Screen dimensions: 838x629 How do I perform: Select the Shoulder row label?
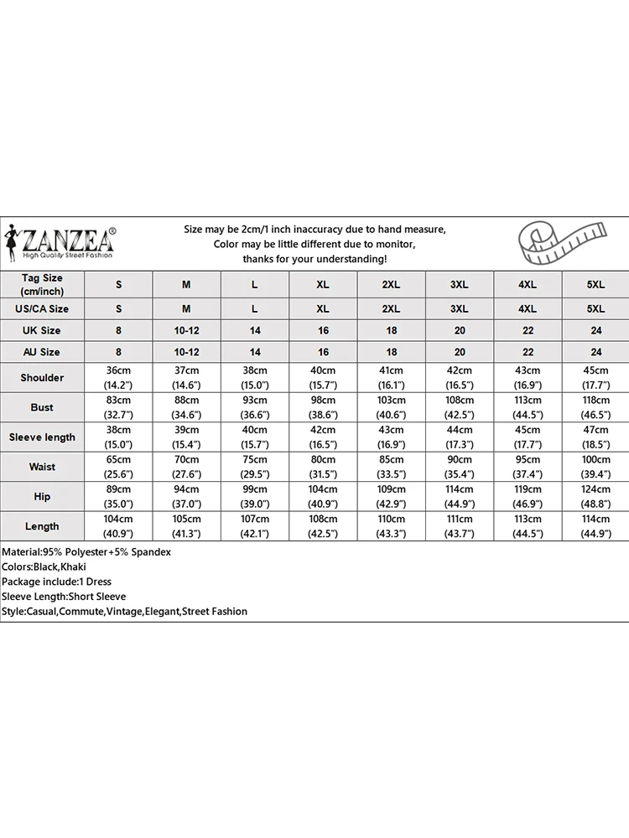[x=42, y=378]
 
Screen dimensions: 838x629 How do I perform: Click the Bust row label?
[x=42, y=407]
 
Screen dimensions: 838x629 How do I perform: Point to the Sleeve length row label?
[x=42, y=437]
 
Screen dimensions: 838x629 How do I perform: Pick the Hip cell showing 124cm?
[x=595, y=497]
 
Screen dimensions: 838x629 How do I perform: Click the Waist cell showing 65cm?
[x=118, y=467]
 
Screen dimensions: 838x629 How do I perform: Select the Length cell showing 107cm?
[x=255, y=526]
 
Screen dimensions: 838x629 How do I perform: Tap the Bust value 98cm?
[x=323, y=407]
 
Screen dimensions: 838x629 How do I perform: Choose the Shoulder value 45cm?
[x=595, y=378]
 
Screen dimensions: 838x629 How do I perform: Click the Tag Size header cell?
[x=42, y=284]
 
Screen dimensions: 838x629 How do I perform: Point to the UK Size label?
[x=42, y=330]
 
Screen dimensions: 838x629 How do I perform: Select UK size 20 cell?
[x=459, y=330]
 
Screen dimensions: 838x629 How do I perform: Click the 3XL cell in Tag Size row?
[x=459, y=284]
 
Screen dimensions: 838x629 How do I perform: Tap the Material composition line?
[x=86, y=552]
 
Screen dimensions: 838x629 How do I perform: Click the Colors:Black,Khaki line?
[x=44, y=567]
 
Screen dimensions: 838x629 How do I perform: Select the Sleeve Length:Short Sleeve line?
[x=64, y=597]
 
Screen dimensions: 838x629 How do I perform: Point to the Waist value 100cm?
[x=595, y=467]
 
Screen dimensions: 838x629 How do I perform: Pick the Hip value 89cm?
[x=118, y=497]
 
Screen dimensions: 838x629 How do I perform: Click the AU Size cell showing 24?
[x=595, y=353]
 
